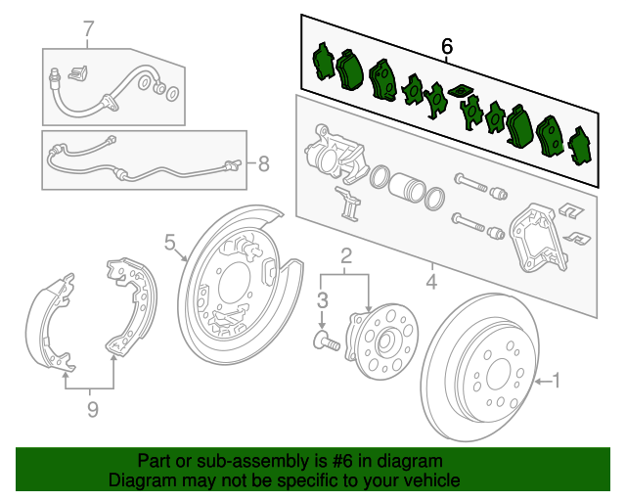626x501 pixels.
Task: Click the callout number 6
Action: [x=448, y=45]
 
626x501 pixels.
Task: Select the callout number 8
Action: [x=261, y=163]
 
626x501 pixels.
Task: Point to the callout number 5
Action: [x=169, y=241]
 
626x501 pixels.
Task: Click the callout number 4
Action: [x=431, y=284]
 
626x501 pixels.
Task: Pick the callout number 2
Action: [x=345, y=256]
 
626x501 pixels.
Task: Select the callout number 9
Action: [x=92, y=410]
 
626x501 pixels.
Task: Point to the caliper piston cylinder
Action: [x=404, y=187]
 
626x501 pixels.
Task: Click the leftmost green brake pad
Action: [x=321, y=63]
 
